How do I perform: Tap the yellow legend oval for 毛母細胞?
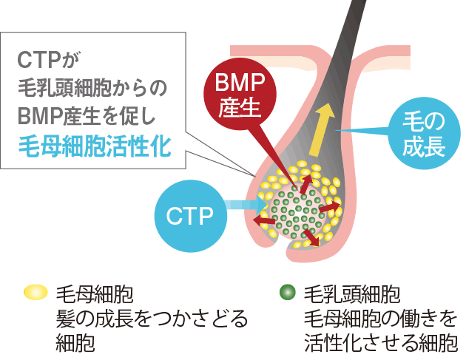pyautogui.click(x=35, y=293)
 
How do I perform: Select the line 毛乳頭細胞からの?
pyautogui.click(x=91, y=86)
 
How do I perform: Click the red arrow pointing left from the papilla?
pyautogui.click(x=261, y=221)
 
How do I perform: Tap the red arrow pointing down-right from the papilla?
pyautogui.click(x=311, y=237)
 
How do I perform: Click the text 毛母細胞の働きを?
pyautogui.click(x=377, y=319)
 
